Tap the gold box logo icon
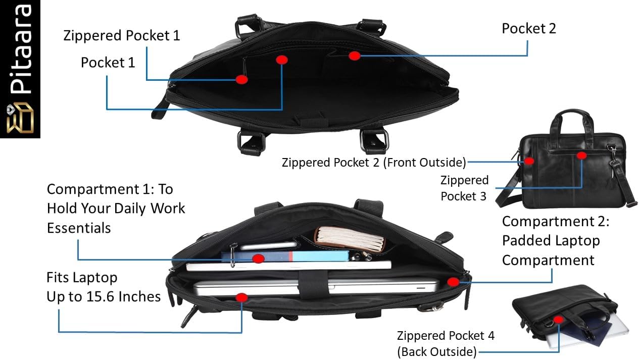click(x=20, y=118)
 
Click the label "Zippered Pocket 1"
click(x=122, y=36)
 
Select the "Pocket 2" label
click(x=528, y=28)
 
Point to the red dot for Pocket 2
click(x=354, y=56)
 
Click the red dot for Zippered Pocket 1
click(x=241, y=80)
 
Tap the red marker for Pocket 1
click(x=282, y=60)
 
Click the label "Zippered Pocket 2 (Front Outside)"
click(x=374, y=163)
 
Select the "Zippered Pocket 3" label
click(x=464, y=188)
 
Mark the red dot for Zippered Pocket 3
click(x=581, y=156)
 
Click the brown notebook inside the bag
click(x=350, y=239)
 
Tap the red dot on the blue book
click(x=258, y=259)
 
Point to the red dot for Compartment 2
click(x=453, y=282)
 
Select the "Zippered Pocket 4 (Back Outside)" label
click(x=446, y=344)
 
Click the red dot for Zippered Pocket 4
click(x=558, y=320)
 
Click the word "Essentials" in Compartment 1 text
click(x=79, y=228)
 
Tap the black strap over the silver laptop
click(x=314, y=284)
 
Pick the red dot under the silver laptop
click(x=241, y=297)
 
